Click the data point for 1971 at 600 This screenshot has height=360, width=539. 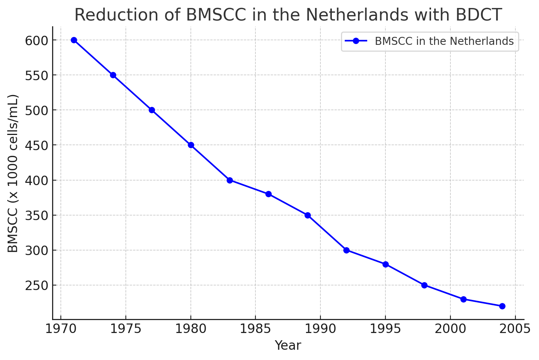point(74,40)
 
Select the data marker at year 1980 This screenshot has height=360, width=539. point(191,145)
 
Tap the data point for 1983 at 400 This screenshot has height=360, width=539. point(230,180)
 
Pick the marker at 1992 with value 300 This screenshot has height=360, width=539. point(346,250)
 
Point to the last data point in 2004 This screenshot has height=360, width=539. point(502,306)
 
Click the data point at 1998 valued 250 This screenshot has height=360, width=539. point(424,285)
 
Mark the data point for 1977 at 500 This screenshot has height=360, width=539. point(152,110)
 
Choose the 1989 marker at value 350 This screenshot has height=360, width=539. point(308,215)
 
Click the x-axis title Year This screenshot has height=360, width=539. point(288,346)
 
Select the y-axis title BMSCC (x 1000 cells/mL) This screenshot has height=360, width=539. point(13,173)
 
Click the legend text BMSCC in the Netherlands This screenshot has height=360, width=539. point(444,41)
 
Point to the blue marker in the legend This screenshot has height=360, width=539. point(356,41)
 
